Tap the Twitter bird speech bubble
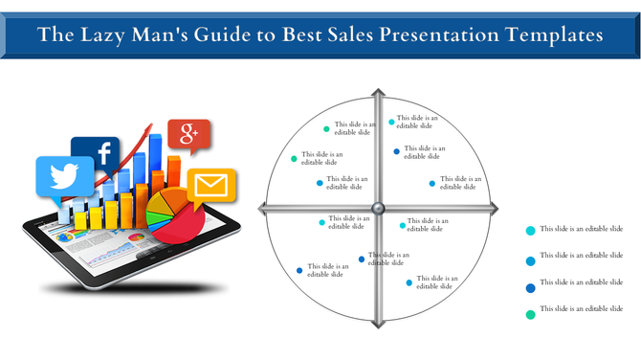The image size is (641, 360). click(x=64, y=177)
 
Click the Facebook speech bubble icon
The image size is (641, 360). click(x=96, y=153)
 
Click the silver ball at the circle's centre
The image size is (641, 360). click(x=378, y=209)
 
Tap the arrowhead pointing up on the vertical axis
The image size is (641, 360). click(x=378, y=94)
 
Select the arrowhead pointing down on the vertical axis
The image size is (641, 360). click(x=378, y=323)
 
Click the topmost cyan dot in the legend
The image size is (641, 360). click(x=530, y=231)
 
